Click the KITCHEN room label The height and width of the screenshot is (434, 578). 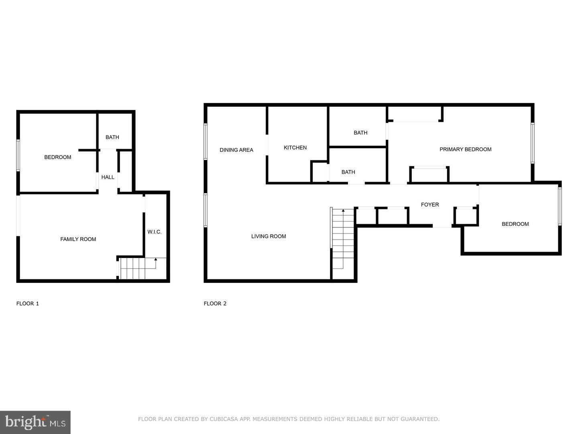(x=295, y=147)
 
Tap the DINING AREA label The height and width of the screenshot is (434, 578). (x=236, y=150)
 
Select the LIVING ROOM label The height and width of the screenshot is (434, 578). (x=269, y=236)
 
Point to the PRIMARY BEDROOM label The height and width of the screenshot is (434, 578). (x=465, y=149)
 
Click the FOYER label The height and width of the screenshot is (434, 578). (x=429, y=205)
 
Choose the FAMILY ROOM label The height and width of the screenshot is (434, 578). (x=78, y=239)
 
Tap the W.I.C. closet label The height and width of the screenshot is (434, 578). (x=155, y=232)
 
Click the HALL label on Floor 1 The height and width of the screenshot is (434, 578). (x=108, y=177)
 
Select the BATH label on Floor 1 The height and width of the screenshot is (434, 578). (x=112, y=137)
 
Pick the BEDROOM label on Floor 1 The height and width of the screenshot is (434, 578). (x=57, y=157)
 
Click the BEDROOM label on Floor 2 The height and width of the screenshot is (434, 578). (x=515, y=224)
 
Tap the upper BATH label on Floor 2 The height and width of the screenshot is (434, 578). (x=360, y=133)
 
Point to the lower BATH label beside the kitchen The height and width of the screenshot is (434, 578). (x=348, y=172)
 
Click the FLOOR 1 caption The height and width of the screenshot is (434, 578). (x=27, y=303)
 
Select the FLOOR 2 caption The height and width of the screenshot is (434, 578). (x=215, y=303)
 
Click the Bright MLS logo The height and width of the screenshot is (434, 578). (x=35, y=422)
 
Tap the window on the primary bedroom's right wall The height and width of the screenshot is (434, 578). (x=533, y=143)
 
